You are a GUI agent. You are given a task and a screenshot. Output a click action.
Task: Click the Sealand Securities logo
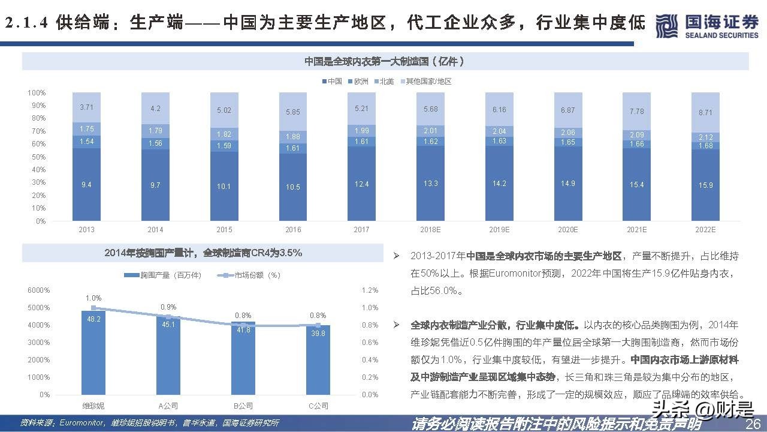(x=707, y=26)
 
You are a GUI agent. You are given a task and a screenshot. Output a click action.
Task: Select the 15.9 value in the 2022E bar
(x=706, y=185)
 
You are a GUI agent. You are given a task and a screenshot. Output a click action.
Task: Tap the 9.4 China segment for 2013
(x=86, y=185)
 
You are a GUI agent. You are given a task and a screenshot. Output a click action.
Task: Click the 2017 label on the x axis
(x=362, y=230)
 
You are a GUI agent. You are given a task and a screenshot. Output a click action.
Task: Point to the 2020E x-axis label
(x=568, y=230)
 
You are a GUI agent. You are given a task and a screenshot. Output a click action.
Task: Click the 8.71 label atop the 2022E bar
(x=706, y=113)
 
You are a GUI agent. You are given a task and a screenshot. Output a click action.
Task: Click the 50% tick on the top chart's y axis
(x=37, y=157)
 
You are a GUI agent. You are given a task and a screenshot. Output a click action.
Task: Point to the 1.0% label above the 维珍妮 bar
(x=93, y=298)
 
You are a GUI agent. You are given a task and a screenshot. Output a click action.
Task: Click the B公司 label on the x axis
(x=243, y=406)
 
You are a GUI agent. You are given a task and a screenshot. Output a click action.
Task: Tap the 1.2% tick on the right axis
(x=370, y=290)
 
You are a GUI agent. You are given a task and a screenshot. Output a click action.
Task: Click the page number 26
(x=753, y=424)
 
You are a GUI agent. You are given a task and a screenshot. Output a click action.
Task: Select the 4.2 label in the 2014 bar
(x=155, y=109)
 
